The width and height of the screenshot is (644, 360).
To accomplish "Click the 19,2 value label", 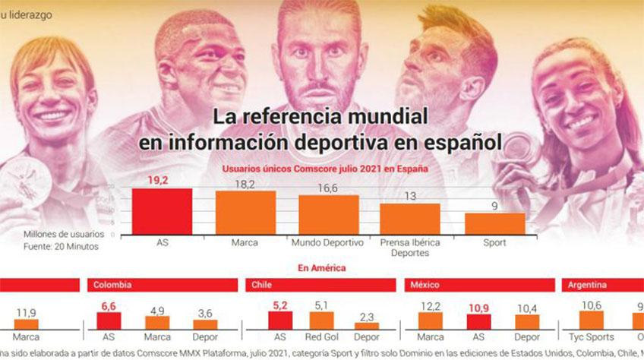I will tap(162, 181).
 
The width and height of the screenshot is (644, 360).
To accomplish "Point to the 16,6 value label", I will tap(328, 188).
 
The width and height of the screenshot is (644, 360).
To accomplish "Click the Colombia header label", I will tap(112, 286).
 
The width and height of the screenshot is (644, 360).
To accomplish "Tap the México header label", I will tap(425, 286).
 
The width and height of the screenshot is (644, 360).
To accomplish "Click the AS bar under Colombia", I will tap(109, 320).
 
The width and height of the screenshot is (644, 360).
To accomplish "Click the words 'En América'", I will tap(322, 267).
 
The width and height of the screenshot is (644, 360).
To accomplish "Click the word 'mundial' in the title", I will tap(384, 118).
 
